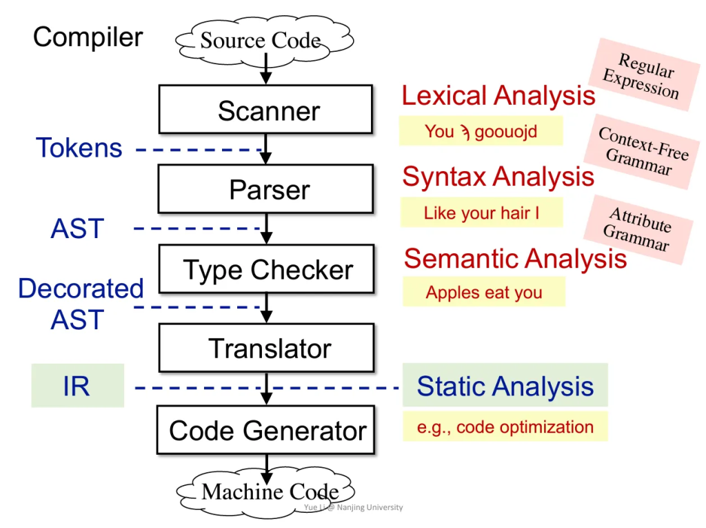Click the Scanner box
coord(265,110)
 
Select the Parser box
coord(265,189)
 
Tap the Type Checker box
coord(267,269)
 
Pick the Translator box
coord(266,349)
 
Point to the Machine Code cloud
coord(269,492)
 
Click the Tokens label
coord(79,148)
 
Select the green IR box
coord(77,386)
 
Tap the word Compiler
coord(88,37)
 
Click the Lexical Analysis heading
coord(498,96)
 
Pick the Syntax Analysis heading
coord(498,177)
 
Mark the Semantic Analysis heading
coord(515,258)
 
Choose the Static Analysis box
coord(505,386)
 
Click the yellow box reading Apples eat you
coord(483,292)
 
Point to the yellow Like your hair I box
coord(481,213)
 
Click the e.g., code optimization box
coord(505,427)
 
